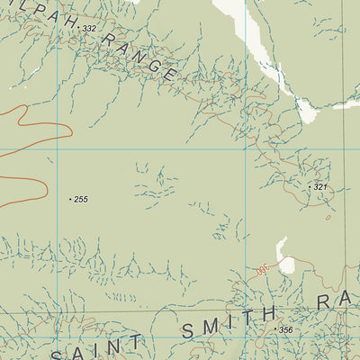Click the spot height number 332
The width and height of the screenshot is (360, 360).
click(x=89, y=30)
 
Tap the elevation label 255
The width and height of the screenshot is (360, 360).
click(x=81, y=199)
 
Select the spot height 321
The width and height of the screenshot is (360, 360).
click(x=319, y=186)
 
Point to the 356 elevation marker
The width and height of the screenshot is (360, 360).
click(x=286, y=330)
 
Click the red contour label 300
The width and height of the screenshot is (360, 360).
click(x=263, y=268)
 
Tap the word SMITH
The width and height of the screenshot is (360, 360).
click(x=229, y=320)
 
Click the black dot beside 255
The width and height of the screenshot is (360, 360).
click(x=70, y=199)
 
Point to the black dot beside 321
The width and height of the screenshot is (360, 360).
click(x=310, y=186)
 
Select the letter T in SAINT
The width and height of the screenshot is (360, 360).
click(x=135, y=343)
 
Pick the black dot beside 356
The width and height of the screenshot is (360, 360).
click(x=275, y=330)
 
